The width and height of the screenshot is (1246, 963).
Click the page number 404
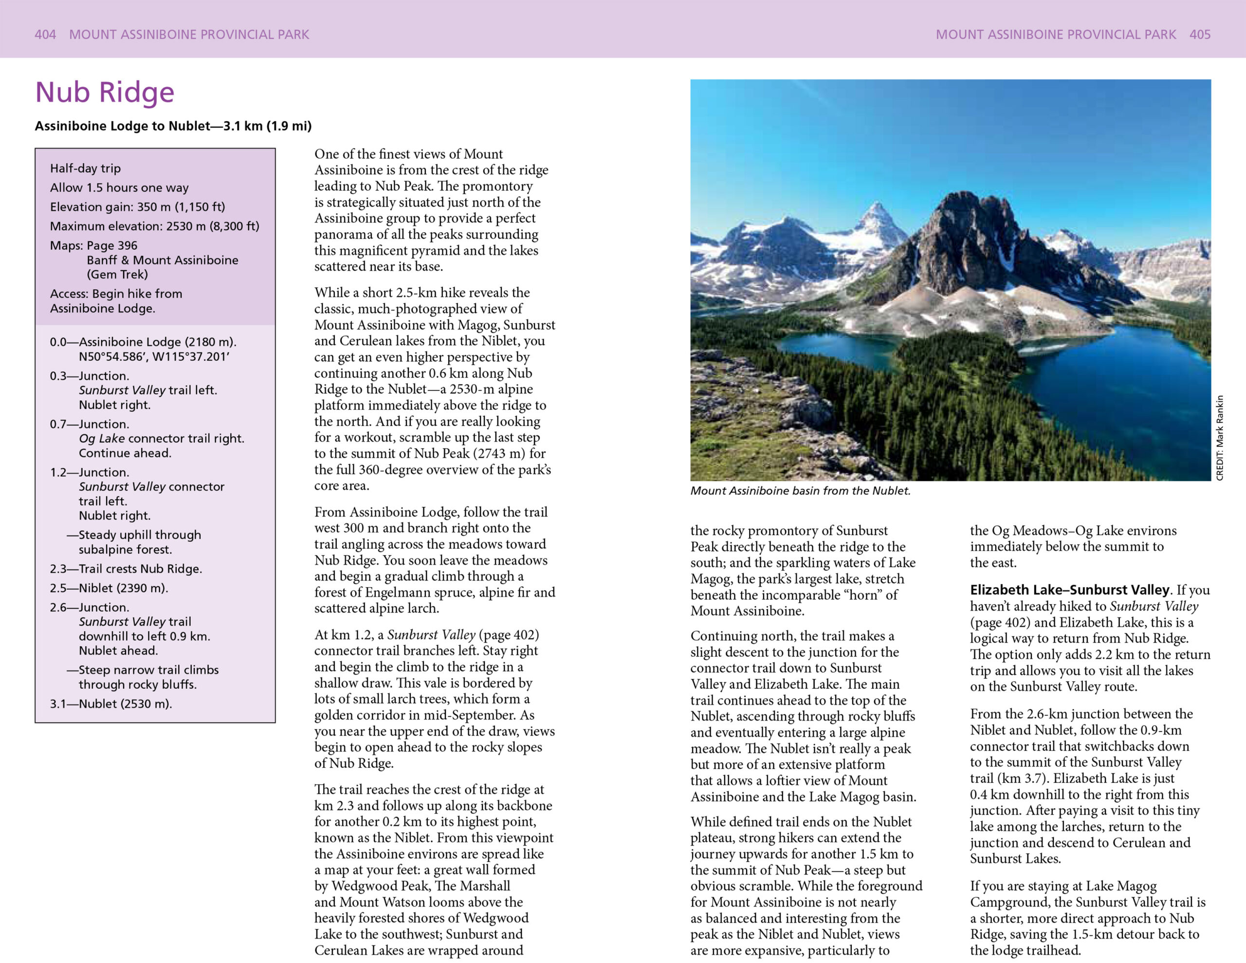point(45,34)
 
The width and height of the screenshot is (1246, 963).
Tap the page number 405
point(1200,34)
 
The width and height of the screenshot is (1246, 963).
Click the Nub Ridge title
point(105,93)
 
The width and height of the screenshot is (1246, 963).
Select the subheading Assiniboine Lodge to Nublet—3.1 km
point(173,126)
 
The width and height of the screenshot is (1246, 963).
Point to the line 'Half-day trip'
point(86,168)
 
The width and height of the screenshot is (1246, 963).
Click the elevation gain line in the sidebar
point(137,206)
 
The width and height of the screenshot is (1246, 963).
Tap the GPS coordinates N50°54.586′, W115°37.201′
point(154,357)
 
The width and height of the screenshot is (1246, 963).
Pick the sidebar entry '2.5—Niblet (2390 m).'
point(109,588)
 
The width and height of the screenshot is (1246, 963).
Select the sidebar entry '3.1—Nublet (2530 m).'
point(110,704)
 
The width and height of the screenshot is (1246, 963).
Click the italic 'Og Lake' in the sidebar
point(102,438)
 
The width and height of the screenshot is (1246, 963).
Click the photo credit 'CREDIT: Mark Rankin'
point(1220,438)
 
